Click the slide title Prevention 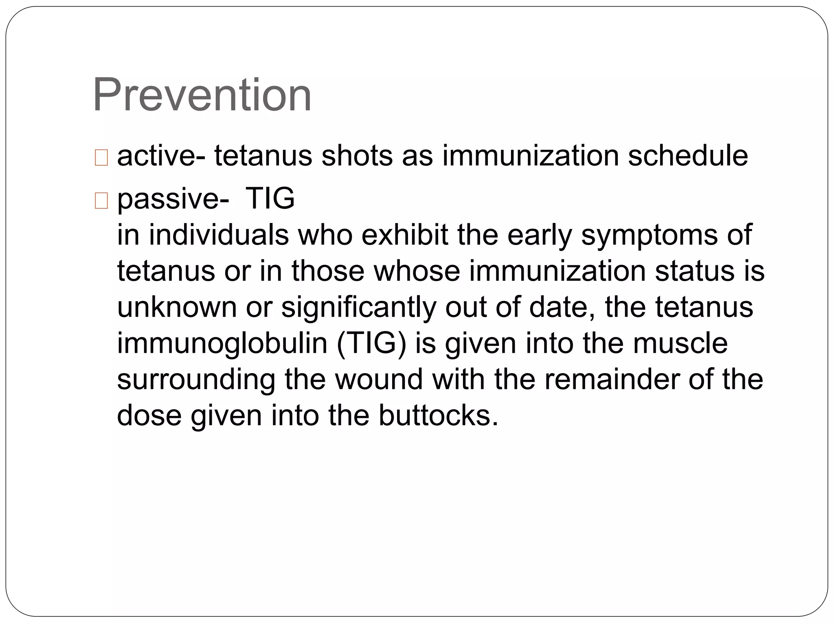202,96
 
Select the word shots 357,156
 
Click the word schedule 688,156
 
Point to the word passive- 173,199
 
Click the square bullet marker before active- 101,157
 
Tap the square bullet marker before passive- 101,201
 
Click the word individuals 219,235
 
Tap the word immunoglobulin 222,343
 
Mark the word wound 379,379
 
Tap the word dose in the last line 149,415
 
